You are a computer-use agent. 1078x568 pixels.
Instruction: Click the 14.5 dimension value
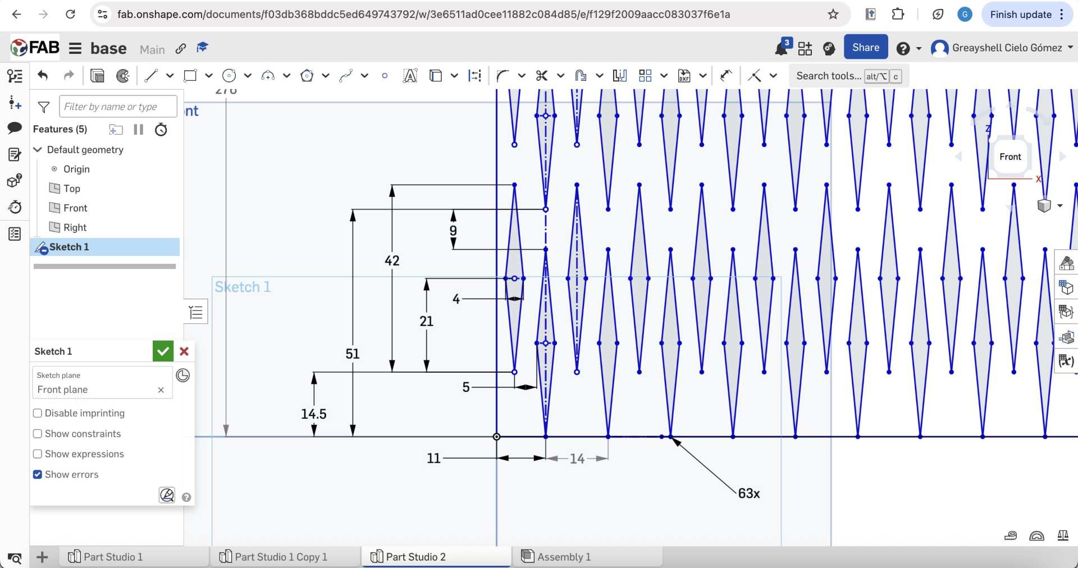313,414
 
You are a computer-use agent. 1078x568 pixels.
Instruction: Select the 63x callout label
748,493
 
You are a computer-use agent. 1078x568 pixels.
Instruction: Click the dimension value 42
392,261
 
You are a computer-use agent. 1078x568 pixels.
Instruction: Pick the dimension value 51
352,354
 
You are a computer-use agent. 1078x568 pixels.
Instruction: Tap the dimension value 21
426,322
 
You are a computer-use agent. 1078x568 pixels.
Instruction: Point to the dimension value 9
453,231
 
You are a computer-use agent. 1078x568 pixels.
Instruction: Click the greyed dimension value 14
577,459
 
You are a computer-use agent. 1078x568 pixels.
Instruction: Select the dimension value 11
433,459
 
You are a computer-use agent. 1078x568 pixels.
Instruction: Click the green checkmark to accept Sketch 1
163,351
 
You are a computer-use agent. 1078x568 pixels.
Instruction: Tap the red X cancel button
184,351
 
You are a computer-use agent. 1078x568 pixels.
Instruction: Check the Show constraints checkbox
38,434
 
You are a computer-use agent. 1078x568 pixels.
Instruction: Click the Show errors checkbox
38,475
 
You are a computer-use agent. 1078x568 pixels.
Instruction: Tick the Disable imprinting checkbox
38,414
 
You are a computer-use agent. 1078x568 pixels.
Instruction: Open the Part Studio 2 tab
415,557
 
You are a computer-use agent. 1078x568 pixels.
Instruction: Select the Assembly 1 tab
563,557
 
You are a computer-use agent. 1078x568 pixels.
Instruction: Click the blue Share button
865,48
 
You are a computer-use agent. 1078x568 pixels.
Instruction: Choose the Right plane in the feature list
75,227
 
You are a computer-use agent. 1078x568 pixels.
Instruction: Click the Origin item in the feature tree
76,169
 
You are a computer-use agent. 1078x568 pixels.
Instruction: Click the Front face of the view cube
1010,157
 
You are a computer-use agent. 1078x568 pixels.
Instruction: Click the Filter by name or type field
118,107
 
